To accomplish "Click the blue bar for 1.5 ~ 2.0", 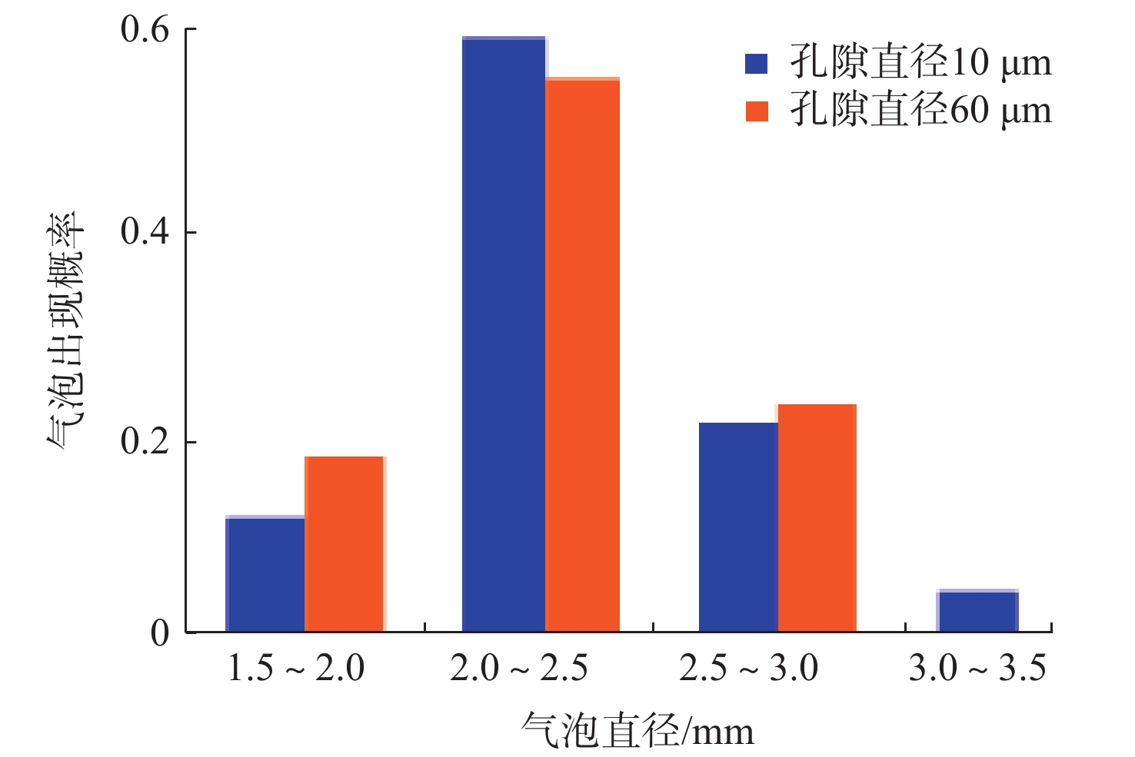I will (x=265, y=574).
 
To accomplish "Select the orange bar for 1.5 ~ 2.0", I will (x=344, y=544).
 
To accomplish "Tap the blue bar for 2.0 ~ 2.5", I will (x=504, y=334).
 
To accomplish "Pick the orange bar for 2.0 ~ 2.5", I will (x=582, y=355).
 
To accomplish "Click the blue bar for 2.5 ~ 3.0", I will (x=738, y=527).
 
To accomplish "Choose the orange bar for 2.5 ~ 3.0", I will (x=817, y=518).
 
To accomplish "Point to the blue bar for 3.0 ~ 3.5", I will (x=977, y=611).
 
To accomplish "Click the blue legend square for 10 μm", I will (x=757, y=63).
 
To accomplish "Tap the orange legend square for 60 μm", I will (x=757, y=111).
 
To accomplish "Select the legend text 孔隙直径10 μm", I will (x=920, y=63).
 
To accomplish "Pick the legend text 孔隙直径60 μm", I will (x=920, y=111).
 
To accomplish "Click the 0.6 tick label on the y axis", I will (x=145, y=30).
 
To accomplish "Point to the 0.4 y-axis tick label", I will (x=145, y=231).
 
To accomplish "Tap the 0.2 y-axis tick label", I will (x=145, y=442).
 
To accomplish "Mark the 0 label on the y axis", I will (x=160, y=633).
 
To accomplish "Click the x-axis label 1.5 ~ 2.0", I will (x=296, y=669).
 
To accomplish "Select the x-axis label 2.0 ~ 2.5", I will (x=519, y=669).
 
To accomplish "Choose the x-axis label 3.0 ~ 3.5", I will (x=977, y=669).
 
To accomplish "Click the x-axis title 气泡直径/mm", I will (x=637, y=730).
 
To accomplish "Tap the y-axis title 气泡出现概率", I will (x=65, y=330).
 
